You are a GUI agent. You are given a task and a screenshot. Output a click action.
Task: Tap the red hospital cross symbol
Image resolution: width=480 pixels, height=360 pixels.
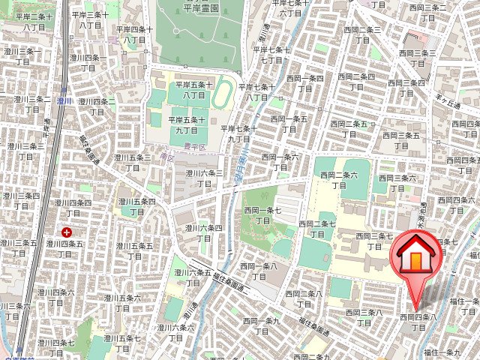67,232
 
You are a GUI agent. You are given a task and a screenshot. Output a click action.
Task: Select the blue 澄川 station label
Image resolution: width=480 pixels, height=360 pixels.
64,100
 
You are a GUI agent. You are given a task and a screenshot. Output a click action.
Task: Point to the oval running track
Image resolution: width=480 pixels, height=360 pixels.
223,95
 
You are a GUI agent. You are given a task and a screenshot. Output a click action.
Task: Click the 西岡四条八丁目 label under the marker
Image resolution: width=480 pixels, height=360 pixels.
418,322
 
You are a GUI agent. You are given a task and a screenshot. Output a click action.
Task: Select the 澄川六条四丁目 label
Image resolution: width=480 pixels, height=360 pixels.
204,232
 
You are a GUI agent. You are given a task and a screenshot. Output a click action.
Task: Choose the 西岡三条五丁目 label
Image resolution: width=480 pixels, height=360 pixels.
400,140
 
